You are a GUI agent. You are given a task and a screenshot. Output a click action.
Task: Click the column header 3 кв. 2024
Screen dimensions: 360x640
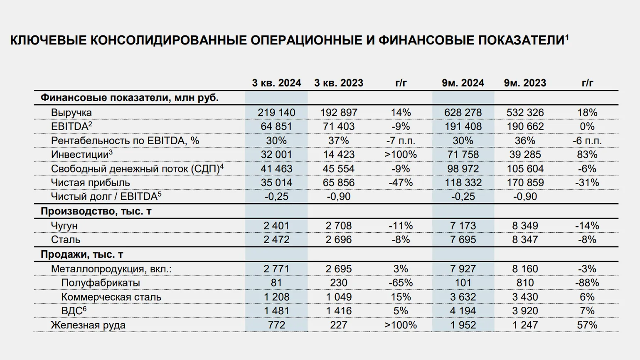click(x=276, y=83)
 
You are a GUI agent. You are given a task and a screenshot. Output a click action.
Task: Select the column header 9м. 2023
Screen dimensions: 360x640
click(x=525, y=83)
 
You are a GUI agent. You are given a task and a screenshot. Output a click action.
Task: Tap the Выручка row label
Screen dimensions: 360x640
click(x=71, y=113)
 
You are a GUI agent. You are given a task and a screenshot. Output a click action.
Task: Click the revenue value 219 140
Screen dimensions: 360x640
click(x=276, y=113)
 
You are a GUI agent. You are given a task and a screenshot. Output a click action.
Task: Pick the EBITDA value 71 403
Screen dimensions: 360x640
click(x=339, y=126)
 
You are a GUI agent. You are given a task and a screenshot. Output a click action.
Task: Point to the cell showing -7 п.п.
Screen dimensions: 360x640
click(x=401, y=141)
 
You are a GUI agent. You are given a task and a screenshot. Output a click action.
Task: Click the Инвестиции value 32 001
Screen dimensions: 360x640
click(x=276, y=155)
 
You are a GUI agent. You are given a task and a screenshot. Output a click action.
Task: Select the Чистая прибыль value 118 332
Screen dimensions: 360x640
click(x=463, y=182)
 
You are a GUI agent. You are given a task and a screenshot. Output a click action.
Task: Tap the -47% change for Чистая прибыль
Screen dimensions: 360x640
click(x=401, y=182)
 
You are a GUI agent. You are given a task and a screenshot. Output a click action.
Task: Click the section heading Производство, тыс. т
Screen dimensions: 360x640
click(x=96, y=211)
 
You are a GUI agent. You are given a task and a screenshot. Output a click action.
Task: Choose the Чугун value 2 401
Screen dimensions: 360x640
click(x=276, y=226)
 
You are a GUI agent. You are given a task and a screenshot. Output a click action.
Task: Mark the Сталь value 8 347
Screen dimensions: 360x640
click(x=525, y=239)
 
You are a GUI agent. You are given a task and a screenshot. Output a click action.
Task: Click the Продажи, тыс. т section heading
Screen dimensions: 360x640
click(x=82, y=254)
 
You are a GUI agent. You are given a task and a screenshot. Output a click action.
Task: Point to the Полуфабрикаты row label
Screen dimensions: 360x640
click(x=101, y=283)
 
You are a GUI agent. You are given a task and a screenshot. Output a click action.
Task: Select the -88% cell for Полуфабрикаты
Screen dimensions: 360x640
click(x=587, y=283)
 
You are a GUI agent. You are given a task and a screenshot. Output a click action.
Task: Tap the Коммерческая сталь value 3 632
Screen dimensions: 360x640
click(x=463, y=297)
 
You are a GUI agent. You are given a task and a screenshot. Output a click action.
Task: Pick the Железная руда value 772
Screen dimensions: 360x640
click(x=276, y=325)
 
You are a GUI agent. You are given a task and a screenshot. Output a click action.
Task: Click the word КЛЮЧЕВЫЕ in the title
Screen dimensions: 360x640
click(x=48, y=40)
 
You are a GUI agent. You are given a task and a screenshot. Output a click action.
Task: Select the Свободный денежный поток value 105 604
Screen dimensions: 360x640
click(x=525, y=169)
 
